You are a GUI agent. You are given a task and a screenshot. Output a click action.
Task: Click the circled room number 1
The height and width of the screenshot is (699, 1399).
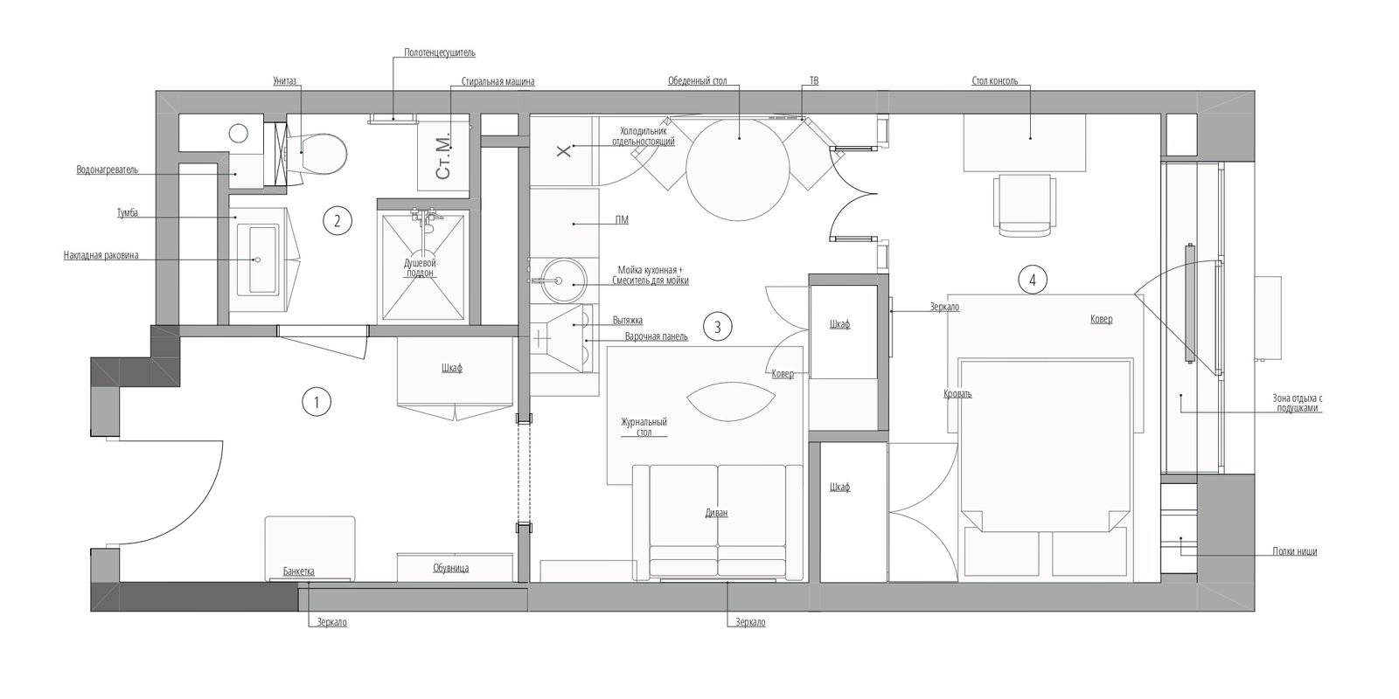[x=316, y=402]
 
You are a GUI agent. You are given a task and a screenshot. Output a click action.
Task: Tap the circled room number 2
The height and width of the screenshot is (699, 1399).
[x=337, y=221]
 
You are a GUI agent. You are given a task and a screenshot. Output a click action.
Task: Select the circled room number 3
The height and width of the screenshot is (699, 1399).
[x=717, y=327]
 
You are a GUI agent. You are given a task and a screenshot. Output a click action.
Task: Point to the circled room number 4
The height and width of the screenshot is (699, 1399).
[x=1032, y=280]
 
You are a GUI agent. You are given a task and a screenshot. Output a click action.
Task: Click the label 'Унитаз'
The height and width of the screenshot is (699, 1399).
[x=284, y=81]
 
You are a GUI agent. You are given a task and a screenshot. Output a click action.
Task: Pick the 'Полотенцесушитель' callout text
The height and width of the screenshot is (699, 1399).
[x=440, y=52]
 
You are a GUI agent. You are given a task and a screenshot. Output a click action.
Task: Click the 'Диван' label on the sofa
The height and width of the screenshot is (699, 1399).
[x=717, y=513]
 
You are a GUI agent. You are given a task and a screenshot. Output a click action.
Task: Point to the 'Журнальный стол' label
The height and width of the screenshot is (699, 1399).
[x=644, y=426]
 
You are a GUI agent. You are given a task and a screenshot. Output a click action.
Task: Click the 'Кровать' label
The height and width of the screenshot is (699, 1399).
[x=957, y=393]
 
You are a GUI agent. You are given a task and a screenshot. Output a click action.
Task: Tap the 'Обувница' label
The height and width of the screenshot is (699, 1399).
[x=450, y=568]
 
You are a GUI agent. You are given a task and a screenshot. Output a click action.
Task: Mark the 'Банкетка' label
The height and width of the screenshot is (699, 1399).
[x=298, y=571]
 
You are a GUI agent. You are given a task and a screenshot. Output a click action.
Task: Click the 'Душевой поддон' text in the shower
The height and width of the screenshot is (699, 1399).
[x=420, y=267]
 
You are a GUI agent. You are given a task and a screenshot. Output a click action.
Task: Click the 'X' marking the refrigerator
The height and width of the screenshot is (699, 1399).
[x=563, y=151]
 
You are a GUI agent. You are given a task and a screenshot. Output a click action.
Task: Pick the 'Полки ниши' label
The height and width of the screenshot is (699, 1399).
[x=1294, y=551]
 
